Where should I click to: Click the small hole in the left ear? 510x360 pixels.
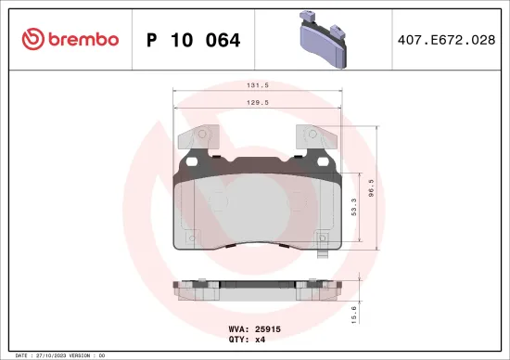pos(193,159)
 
